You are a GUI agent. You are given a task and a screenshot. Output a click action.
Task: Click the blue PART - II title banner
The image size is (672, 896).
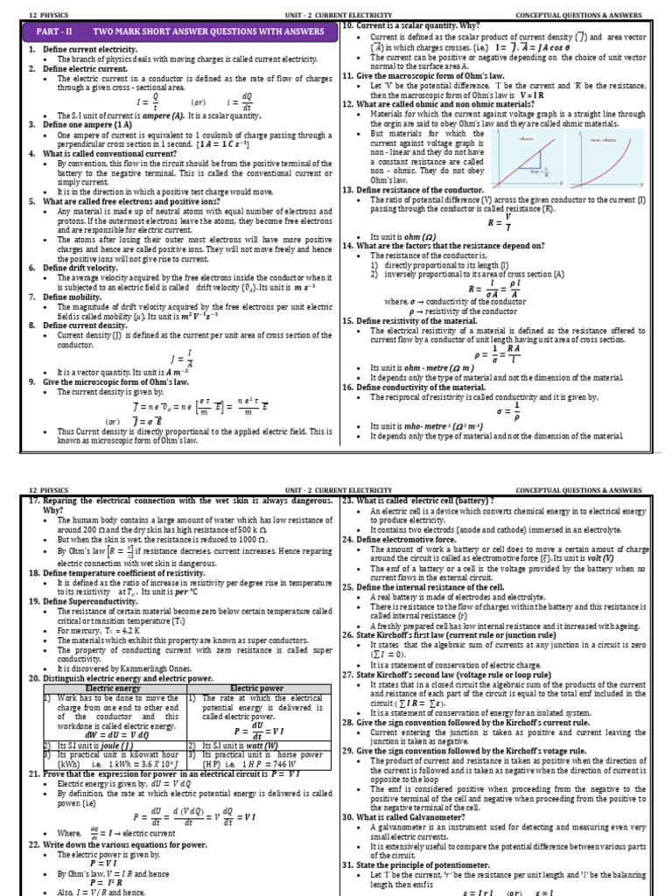[x=180, y=31]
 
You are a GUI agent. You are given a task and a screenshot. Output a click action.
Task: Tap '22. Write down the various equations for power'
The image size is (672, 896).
[x=118, y=844]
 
